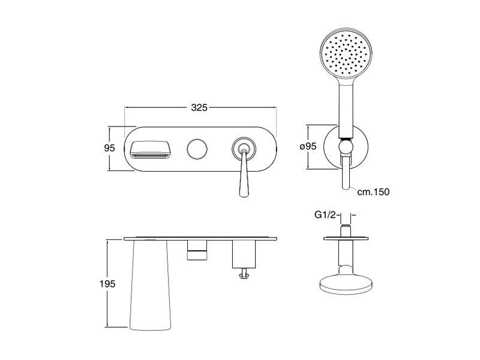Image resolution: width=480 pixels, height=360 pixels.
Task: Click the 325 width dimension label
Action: pyautogui.click(x=199, y=107)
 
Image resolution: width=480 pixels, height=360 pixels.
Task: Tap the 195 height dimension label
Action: pyautogui.click(x=107, y=284)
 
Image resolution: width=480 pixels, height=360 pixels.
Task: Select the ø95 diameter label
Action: pyautogui.click(x=308, y=146)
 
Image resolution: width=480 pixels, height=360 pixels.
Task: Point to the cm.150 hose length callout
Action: pyautogui.click(x=373, y=192)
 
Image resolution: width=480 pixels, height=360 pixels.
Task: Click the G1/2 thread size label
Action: pyautogui.click(x=325, y=215)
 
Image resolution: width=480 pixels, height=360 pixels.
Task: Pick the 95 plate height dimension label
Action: pyautogui.click(x=109, y=148)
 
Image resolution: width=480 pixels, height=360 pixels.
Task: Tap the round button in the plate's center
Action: pyautogui.click(x=197, y=149)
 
